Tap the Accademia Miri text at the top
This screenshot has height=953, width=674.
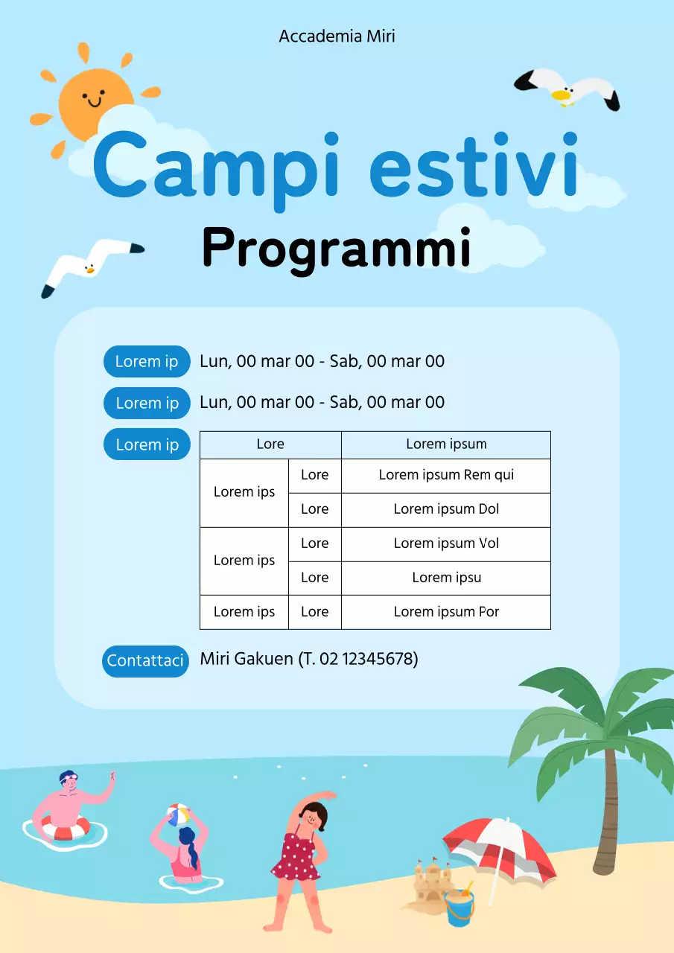pos(337,36)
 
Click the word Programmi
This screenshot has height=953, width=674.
pos(336,249)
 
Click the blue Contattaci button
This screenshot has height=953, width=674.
pos(145,661)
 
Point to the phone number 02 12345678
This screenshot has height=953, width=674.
pos(367,659)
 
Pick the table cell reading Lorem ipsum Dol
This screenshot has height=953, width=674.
pos(446,509)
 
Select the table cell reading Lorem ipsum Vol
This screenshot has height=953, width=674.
pos(446,544)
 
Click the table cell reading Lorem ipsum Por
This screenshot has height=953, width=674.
pos(446,612)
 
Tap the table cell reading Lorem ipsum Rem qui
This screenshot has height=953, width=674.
pos(446,475)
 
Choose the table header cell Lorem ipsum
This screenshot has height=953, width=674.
pos(446,444)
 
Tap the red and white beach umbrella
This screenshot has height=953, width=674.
pos(499,845)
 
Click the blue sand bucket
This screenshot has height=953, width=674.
pos(459,908)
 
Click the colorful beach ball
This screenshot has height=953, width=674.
pos(177,814)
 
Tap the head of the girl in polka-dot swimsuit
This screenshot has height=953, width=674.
pos(316,816)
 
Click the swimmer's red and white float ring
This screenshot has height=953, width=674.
pos(66,828)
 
